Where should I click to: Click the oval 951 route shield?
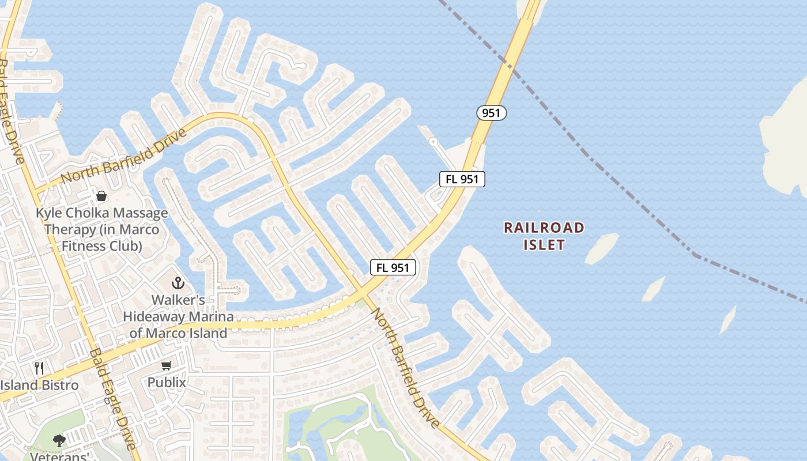491,113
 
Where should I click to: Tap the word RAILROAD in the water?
544,228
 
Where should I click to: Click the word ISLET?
544,244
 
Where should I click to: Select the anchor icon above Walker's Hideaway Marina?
178,283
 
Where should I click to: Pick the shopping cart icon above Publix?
167,365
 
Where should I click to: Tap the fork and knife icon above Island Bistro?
39,368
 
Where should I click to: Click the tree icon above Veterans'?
59,441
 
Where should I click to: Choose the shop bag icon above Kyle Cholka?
101,196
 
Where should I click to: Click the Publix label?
167,382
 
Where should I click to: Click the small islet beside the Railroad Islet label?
601,248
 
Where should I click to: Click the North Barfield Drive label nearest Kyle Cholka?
124,155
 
